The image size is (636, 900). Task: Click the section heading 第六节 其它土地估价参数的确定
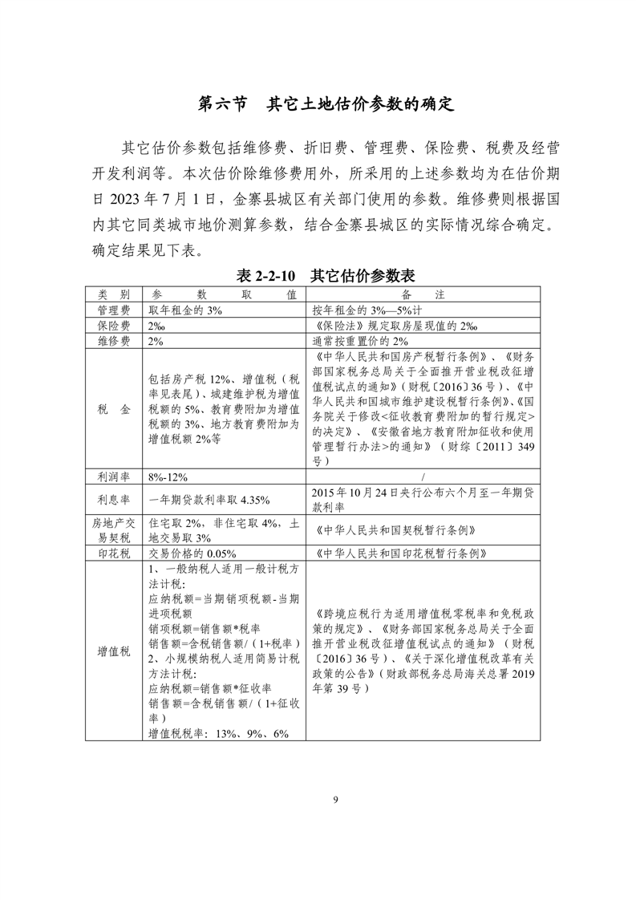coord(326,104)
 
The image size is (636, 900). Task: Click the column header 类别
coord(114,294)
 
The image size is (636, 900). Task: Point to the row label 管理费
coord(114,310)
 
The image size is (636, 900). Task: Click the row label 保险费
coord(114,326)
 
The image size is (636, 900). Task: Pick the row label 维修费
coord(114,341)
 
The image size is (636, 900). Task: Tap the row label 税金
coord(114,409)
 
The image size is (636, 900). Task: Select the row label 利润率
coord(114,476)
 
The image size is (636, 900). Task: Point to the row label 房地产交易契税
coord(114,529)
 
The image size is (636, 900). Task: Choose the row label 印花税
coord(114,553)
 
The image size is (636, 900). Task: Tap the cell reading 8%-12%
coord(168,477)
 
